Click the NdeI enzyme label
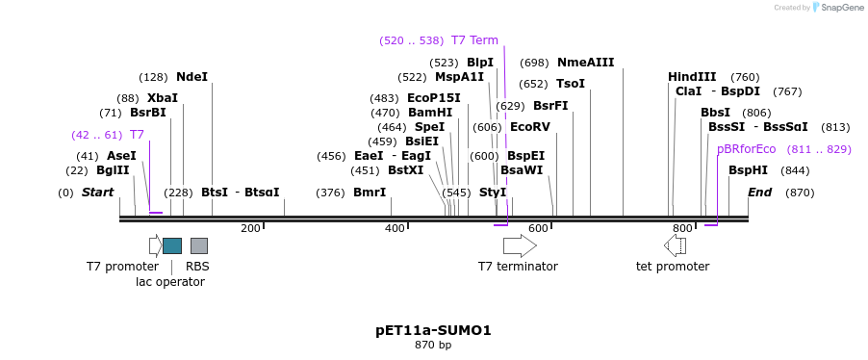pyautogui.click(x=191, y=77)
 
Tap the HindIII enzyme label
pyautogui.click(x=692, y=77)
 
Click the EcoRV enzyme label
pyautogui.click(x=529, y=127)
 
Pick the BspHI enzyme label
pyautogui.click(x=748, y=170)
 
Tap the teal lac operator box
pyautogui.click(x=172, y=245)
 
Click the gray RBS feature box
pyautogui.click(x=199, y=245)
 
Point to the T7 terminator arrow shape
pyautogui.click(x=520, y=245)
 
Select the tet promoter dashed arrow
pyautogui.click(x=675, y=245)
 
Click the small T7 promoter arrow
pyautogui.click(x=155, y=245)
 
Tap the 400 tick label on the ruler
pyautogui.click(x=395, y=228)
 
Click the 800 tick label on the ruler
pyautogui.click(x=682, y=228)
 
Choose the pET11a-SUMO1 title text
pyautogui.click(x=433, y=330)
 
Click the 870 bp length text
pyautogui.click(x=433, y=345)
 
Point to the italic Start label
pyautogui.click(x=97, y=193)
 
